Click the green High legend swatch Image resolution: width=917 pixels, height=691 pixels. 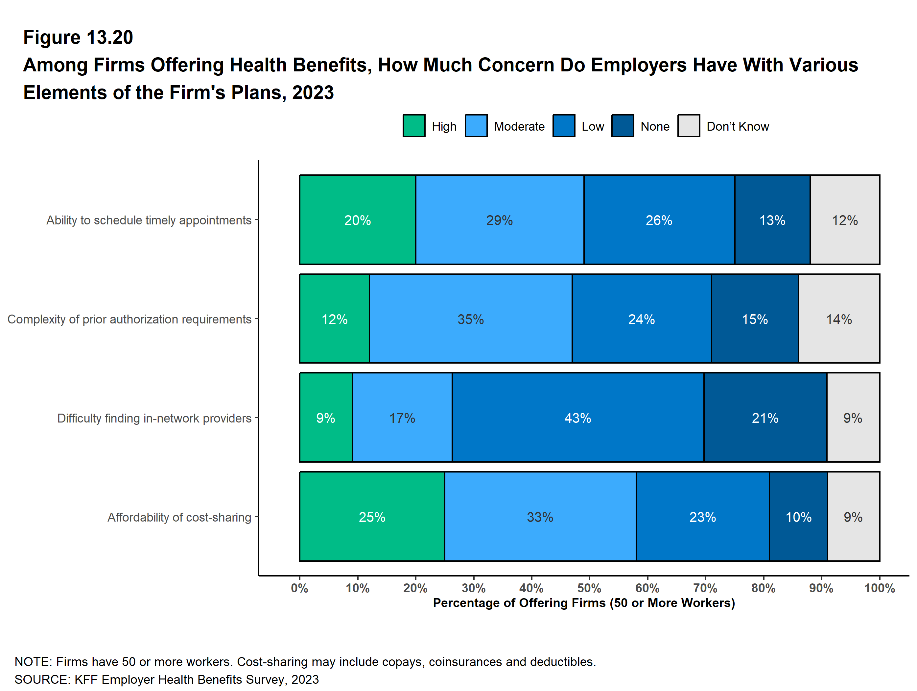pos(414,126)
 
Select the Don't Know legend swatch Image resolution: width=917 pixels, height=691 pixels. pos(689,126)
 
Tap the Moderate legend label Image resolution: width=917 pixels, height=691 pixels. pos(519,127)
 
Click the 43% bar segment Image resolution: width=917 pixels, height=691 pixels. pos(577,418)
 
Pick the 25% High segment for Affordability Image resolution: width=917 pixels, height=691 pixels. pos(372,517)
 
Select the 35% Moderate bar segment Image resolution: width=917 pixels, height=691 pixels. pos(471,319)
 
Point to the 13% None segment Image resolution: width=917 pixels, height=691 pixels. pos(772,220)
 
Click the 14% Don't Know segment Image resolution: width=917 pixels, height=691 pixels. pos(839,319)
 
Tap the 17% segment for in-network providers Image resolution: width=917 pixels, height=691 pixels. pos(402,418)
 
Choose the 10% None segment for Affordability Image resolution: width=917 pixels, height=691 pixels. pos(798,517)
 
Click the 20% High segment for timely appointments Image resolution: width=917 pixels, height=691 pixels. pos(357,220)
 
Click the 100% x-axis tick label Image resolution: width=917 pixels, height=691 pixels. pos(879,588)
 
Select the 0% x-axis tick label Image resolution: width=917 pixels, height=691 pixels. pos(299,588)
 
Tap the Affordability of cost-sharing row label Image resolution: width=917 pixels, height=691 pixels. pos(179,517)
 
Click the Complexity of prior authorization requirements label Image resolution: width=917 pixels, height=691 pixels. pos(129,319)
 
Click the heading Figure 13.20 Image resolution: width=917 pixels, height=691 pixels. pos(78,38)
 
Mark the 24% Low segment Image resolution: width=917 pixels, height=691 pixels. pos(641,319)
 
